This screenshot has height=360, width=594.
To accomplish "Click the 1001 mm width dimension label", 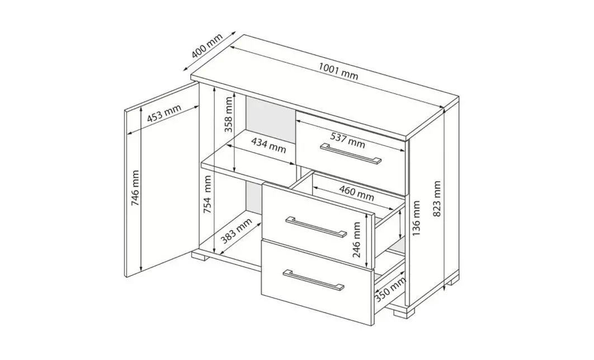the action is pos(338,72).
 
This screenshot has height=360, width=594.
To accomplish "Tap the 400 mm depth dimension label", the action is pos(207,46).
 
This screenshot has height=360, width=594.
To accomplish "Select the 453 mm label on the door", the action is pos(164,113).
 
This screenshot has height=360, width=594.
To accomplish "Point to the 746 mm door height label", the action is pos(135,188).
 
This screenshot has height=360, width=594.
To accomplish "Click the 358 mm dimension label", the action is pos(228,115).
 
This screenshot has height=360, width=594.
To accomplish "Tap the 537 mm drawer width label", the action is pos(348,140).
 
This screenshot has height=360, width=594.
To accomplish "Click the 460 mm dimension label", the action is pos(356,193).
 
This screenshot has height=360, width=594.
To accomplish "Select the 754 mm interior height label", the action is pos(208,194).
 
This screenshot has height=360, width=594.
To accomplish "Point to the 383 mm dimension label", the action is pos(236,231).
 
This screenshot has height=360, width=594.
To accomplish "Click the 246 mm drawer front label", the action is pos(357,240).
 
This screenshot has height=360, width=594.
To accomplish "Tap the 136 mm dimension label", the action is pos(416,218).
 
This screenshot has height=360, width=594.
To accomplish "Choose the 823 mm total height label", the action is pos(437,198).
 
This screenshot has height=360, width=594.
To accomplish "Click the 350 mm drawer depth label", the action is pos(390,289).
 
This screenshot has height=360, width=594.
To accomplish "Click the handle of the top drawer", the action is pos(350,154).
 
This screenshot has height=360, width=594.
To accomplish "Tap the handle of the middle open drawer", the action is pos(316,227).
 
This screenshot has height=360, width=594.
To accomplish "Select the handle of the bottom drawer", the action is pos(313,280).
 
